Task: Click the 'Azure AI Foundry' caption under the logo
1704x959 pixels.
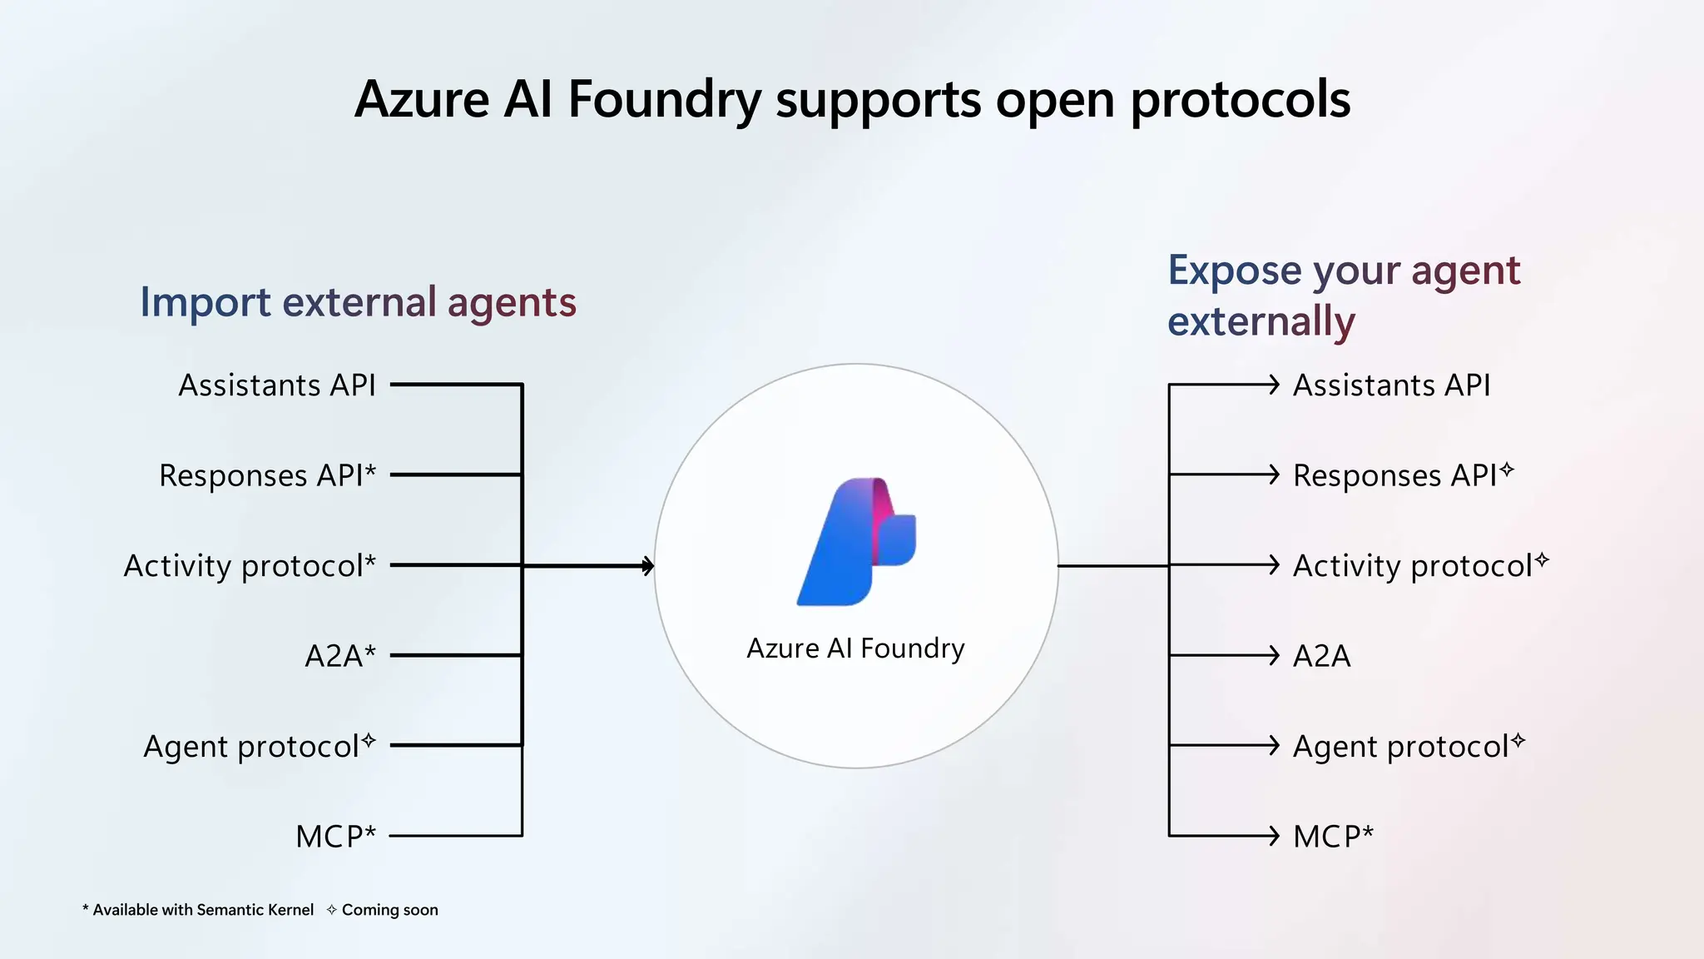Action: (x=855, y=648)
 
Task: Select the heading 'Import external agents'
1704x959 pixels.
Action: (x=358, y=302)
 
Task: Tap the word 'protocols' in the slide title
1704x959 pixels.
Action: (x=1240, y=100)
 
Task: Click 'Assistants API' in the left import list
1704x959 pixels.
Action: (x=277, y=385)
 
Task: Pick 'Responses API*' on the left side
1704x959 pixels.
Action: (x=267, y=475)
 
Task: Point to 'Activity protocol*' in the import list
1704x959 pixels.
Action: (x=250, y=566)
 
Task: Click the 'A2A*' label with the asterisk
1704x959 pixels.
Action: (x=340, y=656)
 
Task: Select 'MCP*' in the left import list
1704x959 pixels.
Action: (x=335, y=836)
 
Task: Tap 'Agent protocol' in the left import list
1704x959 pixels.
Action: (x=251, y=747)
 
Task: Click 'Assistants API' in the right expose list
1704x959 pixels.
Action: (x=1391, y=385)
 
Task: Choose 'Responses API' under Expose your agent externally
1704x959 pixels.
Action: (x=1394, y=475)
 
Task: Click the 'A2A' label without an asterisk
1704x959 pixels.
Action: (x=1321, y=656)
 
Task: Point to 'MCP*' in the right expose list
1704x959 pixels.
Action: (x=1333, y=836)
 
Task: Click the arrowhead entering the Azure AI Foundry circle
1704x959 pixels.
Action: (x=648, y=566)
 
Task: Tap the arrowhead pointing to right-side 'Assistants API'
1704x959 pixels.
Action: (x=1273, y=385)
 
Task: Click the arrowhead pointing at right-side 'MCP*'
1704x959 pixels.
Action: (x=1273, y=835)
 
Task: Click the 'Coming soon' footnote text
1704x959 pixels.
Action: (x=389, y=910)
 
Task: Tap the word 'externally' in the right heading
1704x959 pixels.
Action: (x=1261, y=321)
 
